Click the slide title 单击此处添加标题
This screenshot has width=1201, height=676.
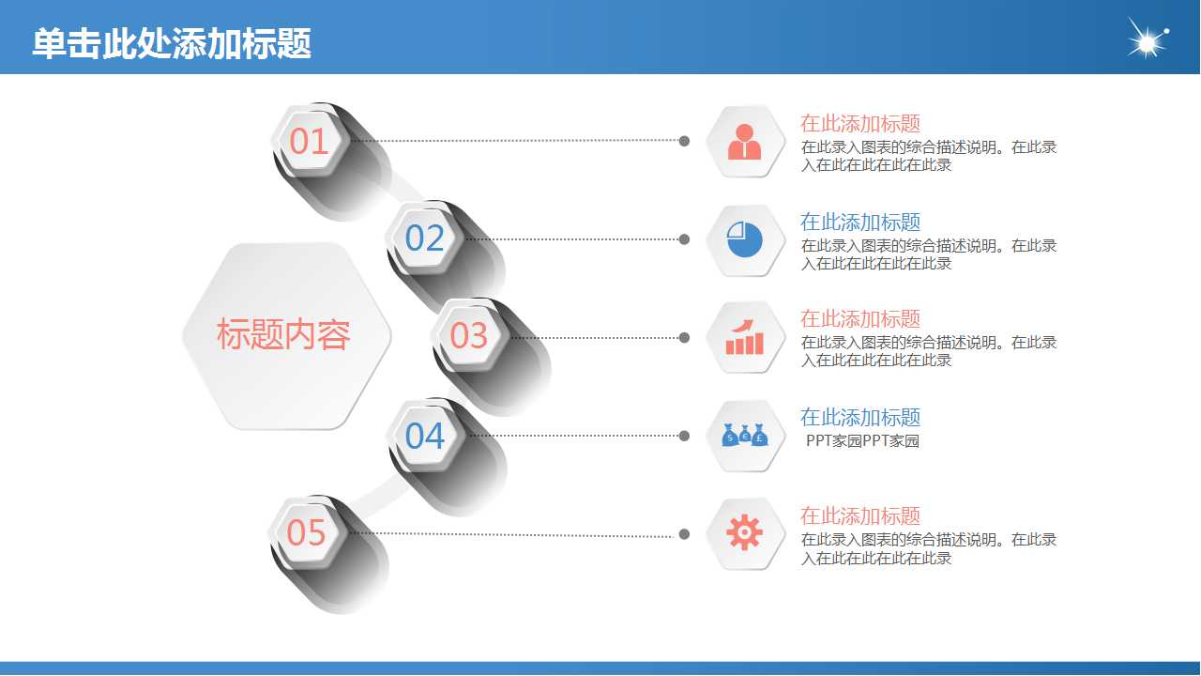tap(172, 44)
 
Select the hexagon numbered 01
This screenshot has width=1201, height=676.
tap(309, 141)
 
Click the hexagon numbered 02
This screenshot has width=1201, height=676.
tap(424, 238)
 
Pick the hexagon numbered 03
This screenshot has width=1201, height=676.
tap(469, 335)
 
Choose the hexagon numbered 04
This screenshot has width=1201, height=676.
tap(424, 436)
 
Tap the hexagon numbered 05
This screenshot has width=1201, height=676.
tap(307, 532)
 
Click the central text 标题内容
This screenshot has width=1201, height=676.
tap(283, 335)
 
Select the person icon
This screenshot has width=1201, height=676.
tap(745, 142)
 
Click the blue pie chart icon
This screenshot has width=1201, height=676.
tap(745, 239)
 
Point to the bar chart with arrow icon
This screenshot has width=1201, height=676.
tap(745, 337)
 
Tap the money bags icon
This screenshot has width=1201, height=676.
tap(745, 436)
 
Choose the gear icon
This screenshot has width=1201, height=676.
tap(745, 533)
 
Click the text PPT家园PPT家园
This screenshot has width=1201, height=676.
tap(862, 441)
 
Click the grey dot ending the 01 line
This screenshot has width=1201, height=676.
tap(684, 141)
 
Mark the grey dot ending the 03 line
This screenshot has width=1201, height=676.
tap(684, 337)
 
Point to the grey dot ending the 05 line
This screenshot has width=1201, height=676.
tap(684, 534)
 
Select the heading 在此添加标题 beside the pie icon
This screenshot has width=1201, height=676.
tap(860, 222)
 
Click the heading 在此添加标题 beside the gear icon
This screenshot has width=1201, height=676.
tap(860, 515)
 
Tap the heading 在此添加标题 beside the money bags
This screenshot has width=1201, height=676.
tap(860, 417)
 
